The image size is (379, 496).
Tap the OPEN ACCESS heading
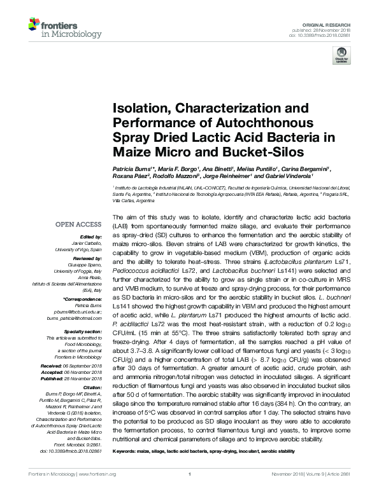click(x=78, y=224)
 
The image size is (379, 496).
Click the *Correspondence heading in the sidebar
click(x=83, y=298)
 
